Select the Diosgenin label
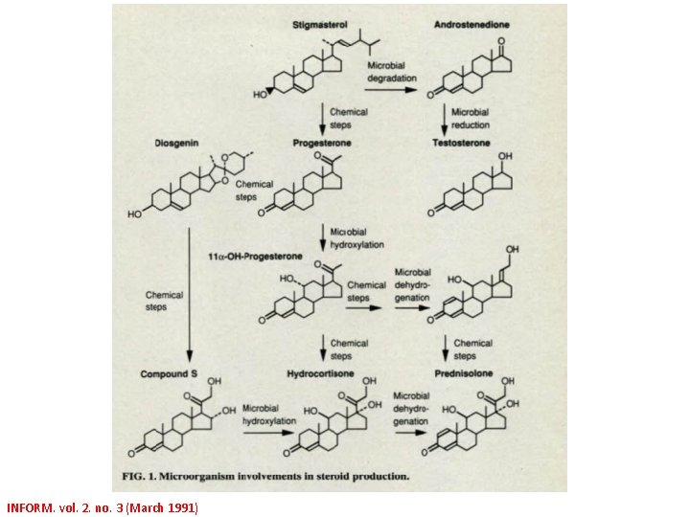(x=176, y=144)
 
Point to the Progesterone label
(x=322, y=144)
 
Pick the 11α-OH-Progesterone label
(x=255, y=257)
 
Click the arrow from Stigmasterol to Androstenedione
(x=393, y=91)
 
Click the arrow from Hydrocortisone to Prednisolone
(x=411, y=432)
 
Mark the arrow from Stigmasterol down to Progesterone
(x=322, y=118)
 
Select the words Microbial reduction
(x=471, y=118)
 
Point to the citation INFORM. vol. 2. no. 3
(x=102, y=507)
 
